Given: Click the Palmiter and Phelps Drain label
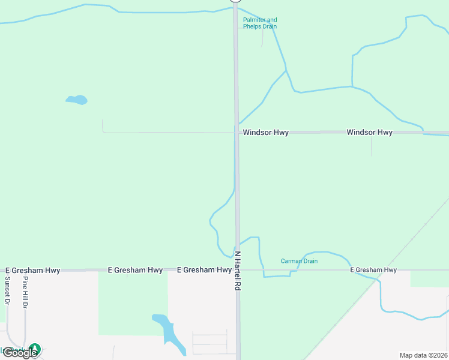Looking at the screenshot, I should [x=260, y=23].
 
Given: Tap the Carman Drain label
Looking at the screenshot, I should [x=299, y=261].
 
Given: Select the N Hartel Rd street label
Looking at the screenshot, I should [x=237, y=271].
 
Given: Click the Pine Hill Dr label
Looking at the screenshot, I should [x=25, y=293].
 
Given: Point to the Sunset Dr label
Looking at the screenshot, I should [x=8, y=292].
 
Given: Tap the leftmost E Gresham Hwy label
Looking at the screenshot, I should [x=32, y=271].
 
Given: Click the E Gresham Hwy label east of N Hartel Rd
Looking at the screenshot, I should [x=373, y=270].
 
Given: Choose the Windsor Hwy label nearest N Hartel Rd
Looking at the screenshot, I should [x=265, y=133].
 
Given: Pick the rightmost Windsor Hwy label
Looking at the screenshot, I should [x=369, y=132].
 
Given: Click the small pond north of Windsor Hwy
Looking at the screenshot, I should [x=77, y=100].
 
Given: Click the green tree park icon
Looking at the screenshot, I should [x=35, y=349].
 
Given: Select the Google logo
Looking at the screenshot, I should [x=19, y=353].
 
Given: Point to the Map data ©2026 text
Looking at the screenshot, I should [x=423, y=355].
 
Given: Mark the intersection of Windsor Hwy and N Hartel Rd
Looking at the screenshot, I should [x=237, y=132].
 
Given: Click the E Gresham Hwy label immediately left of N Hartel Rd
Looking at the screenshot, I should [x=204, y=270].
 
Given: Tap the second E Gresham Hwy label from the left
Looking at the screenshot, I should [x=135, y=271].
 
